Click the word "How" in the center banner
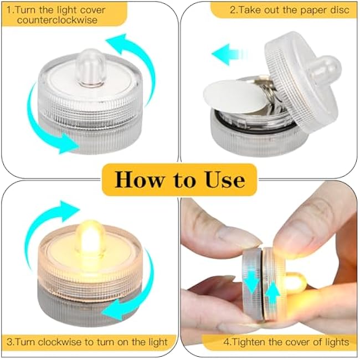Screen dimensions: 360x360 tap(143, 180)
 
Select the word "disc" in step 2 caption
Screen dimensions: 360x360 tap(340, 9)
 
